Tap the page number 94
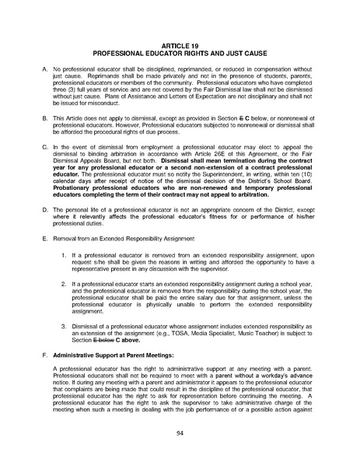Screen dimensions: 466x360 180,432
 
